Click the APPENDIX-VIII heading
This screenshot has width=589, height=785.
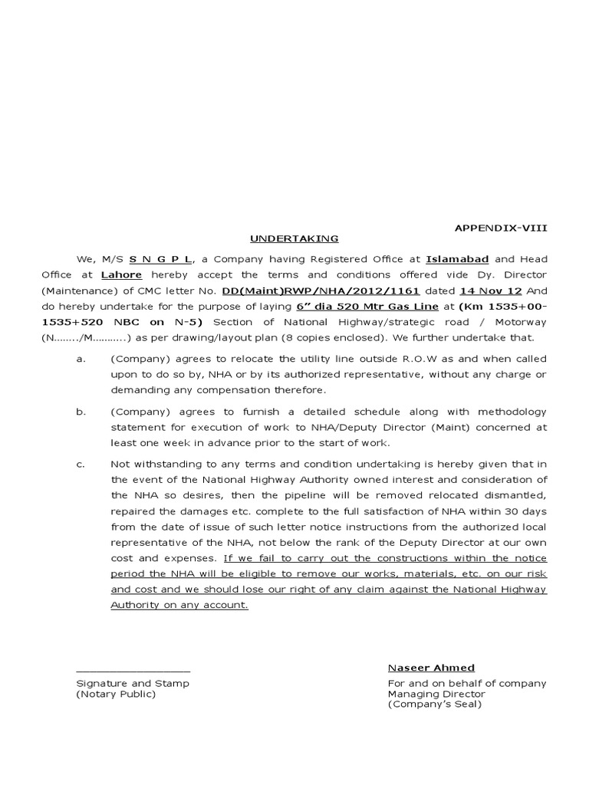point(502,228)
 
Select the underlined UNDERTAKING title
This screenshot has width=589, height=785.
point(294,238)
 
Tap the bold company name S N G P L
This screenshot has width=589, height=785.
point(160,260)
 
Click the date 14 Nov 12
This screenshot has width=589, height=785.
point(479,291)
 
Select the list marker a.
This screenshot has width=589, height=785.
point(80,359)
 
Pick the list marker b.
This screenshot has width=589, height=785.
point(80,412)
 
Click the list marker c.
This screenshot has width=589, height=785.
point(80,465)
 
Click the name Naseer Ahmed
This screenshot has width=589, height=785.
point(431,668)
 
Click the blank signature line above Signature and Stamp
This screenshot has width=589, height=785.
point(133,671)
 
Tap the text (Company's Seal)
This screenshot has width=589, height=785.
point(434,705)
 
